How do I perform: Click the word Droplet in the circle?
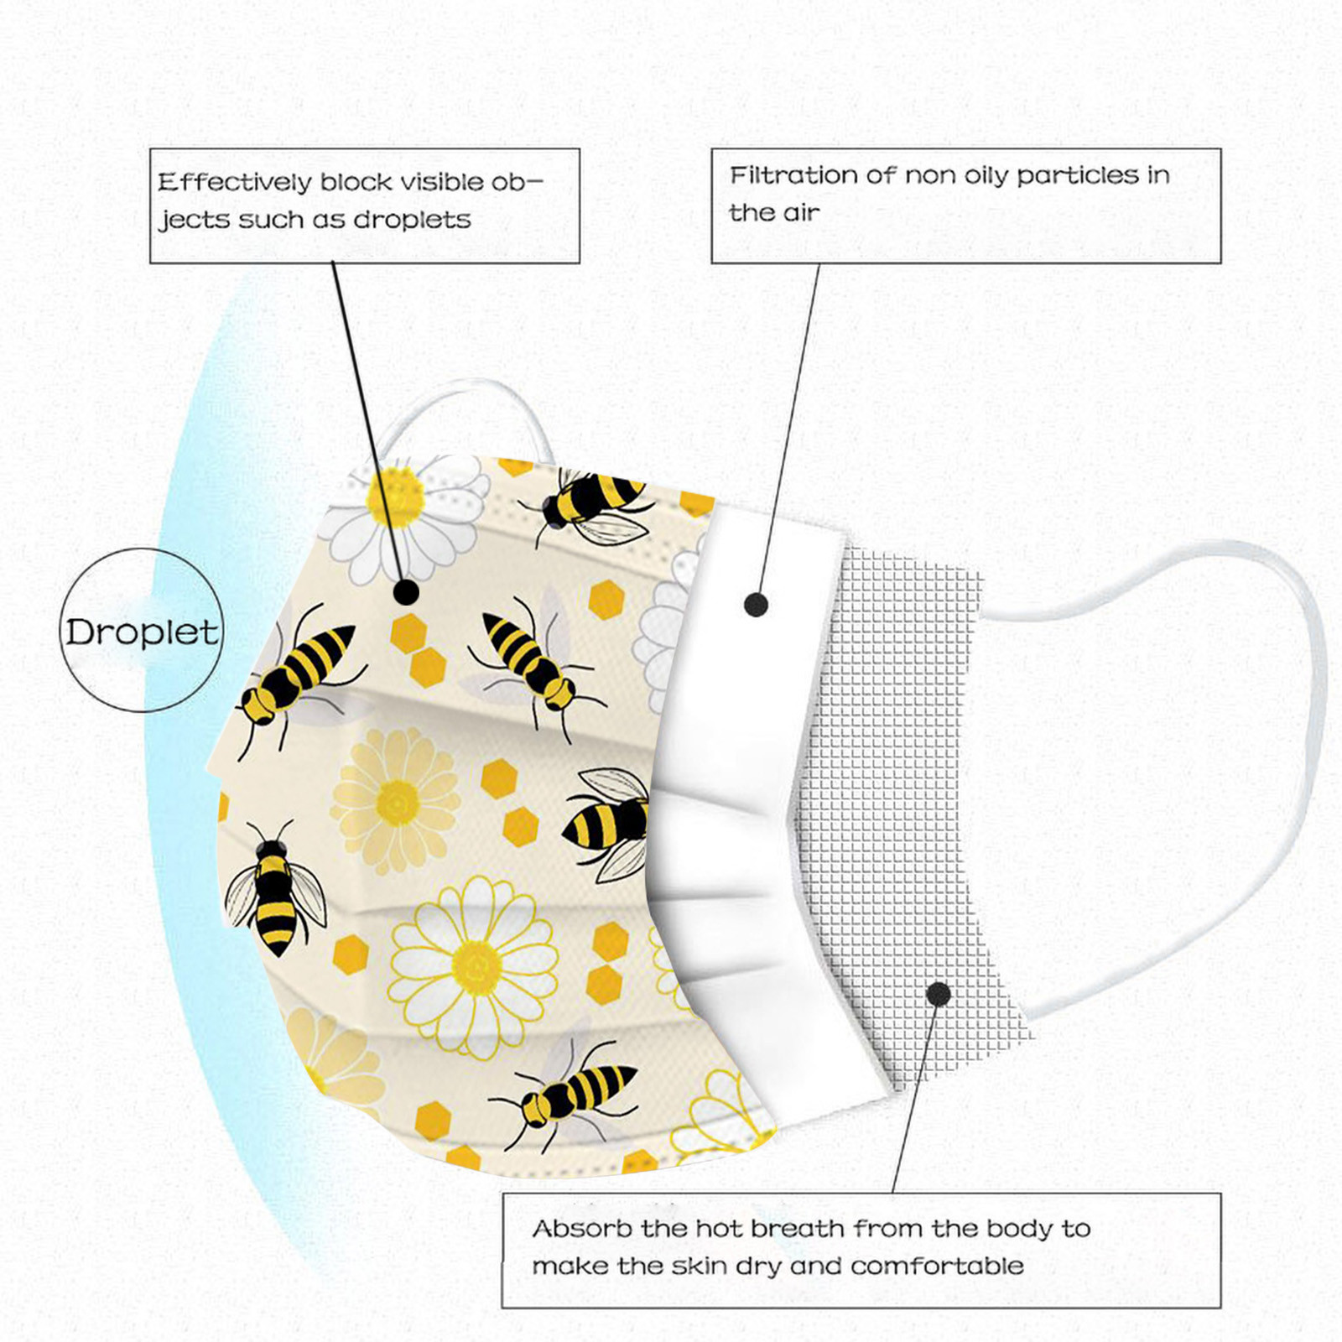(142, 632)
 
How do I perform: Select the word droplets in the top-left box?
(412, 220)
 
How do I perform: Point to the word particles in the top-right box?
(1077, 176)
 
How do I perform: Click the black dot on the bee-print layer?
(406, 592)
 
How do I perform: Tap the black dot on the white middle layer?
(756, 604)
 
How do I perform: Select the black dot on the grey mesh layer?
(939, 995)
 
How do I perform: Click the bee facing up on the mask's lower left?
(274, 889)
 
